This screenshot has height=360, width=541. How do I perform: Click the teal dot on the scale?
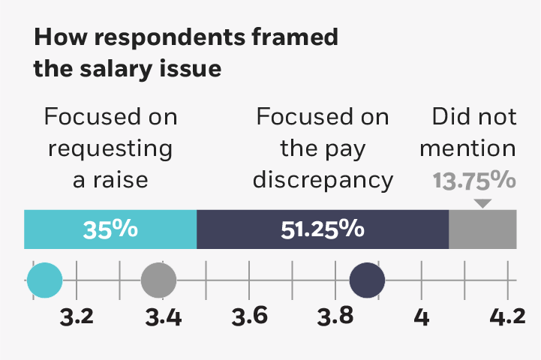[x=44, y=281]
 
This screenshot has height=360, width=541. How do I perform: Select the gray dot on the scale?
[x=158, y=281]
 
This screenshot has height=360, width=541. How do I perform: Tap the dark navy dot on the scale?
[x=368, y=281]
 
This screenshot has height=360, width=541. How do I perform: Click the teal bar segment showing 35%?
[x=110, y=229]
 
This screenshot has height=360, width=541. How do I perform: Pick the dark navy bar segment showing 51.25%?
[x=323, y=229]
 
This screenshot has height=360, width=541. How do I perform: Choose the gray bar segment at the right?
[x=482, y=229]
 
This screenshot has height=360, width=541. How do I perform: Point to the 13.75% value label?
[x=473, y=181]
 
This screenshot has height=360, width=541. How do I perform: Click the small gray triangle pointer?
[x=483, y=203]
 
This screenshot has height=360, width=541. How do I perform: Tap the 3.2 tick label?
[x=77, y=317]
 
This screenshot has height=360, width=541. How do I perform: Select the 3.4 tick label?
[x=163, y=317]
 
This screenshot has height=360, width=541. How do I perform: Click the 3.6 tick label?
[x=249, y=317]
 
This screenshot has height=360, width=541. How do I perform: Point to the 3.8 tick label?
[x=335, y=317]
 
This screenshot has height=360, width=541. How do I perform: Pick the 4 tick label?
[x=422, y=317]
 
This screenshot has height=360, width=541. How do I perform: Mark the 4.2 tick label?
[x=507, y=317]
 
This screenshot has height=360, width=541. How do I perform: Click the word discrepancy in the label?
[x=323, y=180]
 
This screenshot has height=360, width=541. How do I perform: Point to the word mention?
[x=467, y=148]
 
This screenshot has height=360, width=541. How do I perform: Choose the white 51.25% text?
[x=323, y=229]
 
